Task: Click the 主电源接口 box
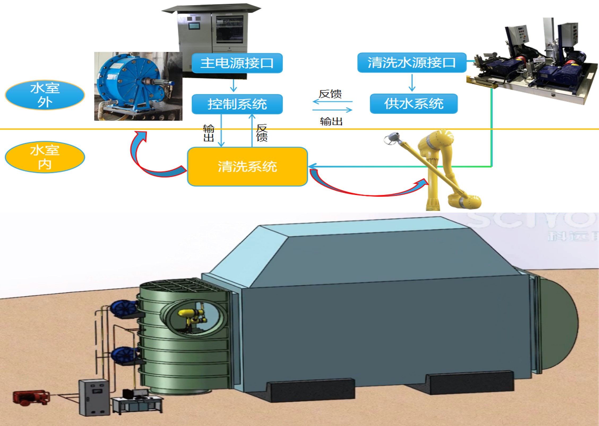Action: (x=237, y=63)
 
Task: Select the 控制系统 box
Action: (x=237, y=104)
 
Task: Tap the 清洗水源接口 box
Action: (x=412, y=63)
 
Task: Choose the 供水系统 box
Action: (x=413, y=104)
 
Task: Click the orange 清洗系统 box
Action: (x=247, y=167)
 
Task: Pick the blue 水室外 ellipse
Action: (x=45, y=95)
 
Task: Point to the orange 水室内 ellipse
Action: (x=45, y=157)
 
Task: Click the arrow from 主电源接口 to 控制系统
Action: (x=234, y=85)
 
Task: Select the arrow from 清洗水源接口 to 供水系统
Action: (x=412, y=83)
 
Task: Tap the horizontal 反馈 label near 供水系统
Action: (x=330, y=94)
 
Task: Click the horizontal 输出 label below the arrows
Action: (x=331, y=121)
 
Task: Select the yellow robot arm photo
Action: (x=441, y=170)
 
